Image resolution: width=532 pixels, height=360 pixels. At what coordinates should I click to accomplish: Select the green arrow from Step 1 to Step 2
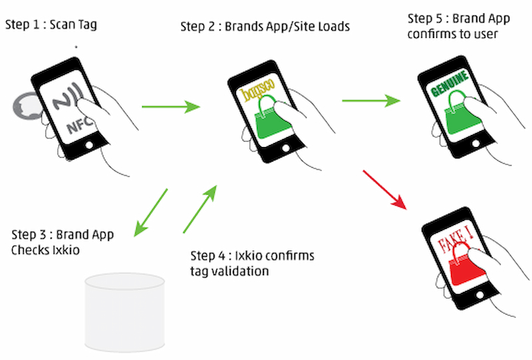170,106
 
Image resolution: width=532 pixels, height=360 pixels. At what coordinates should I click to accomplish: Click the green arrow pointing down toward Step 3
150,212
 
